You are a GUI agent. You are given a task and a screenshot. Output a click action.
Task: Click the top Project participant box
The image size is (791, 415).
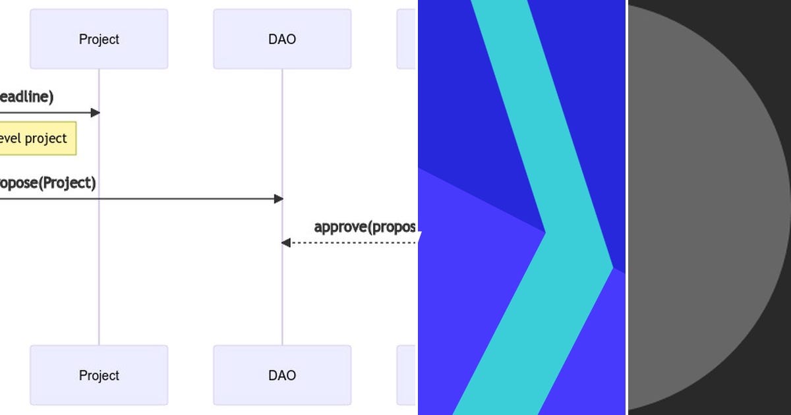[99, 39]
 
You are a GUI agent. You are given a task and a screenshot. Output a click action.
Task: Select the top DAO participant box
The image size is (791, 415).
[282, 39]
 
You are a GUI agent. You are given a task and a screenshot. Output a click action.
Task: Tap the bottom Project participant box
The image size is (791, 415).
[99, 375]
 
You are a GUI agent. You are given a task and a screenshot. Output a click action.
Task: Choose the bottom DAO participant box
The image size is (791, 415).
[282, 375]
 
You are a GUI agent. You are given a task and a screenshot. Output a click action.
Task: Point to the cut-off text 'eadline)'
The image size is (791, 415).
[26, 97]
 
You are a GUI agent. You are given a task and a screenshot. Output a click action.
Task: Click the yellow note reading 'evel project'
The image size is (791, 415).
[36, 138]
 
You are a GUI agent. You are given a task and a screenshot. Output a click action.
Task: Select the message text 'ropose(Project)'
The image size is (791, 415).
[46, 183]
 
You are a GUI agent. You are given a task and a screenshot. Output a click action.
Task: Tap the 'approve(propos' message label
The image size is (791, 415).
[365, 227]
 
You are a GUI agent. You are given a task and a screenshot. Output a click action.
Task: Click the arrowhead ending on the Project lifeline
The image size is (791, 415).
[95, 113]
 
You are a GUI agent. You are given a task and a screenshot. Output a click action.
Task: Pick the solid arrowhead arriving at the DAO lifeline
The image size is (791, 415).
[278, 199]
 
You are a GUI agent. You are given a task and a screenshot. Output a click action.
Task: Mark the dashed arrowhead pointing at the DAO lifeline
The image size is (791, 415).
[286, 243]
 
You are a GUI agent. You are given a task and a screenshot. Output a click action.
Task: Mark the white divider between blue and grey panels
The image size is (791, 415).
[626, 207]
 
